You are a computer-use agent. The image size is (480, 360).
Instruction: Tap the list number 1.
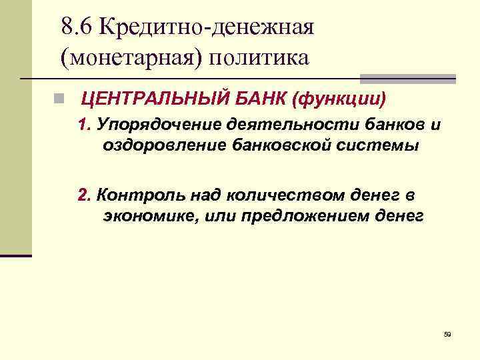pyautogui.click(x=83, y=126)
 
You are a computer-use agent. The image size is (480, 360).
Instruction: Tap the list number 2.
pyautogui.click(x=83, y=195)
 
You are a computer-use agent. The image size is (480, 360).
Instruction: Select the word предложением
pyautogui.click(x=303, y=216)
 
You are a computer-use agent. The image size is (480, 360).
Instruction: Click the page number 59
pyautogui.click(x=447, y=334)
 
